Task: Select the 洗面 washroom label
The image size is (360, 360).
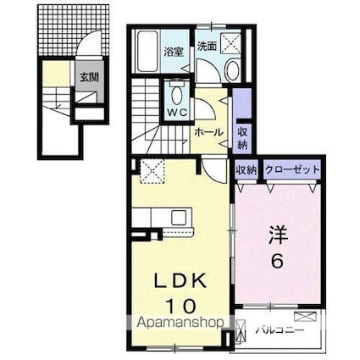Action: [207, 47]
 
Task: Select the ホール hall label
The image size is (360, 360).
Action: [209, 133]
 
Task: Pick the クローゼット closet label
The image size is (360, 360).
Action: [292, 170]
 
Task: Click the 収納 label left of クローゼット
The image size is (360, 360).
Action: [246, 170]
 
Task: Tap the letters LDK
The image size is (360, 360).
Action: [179, 280]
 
